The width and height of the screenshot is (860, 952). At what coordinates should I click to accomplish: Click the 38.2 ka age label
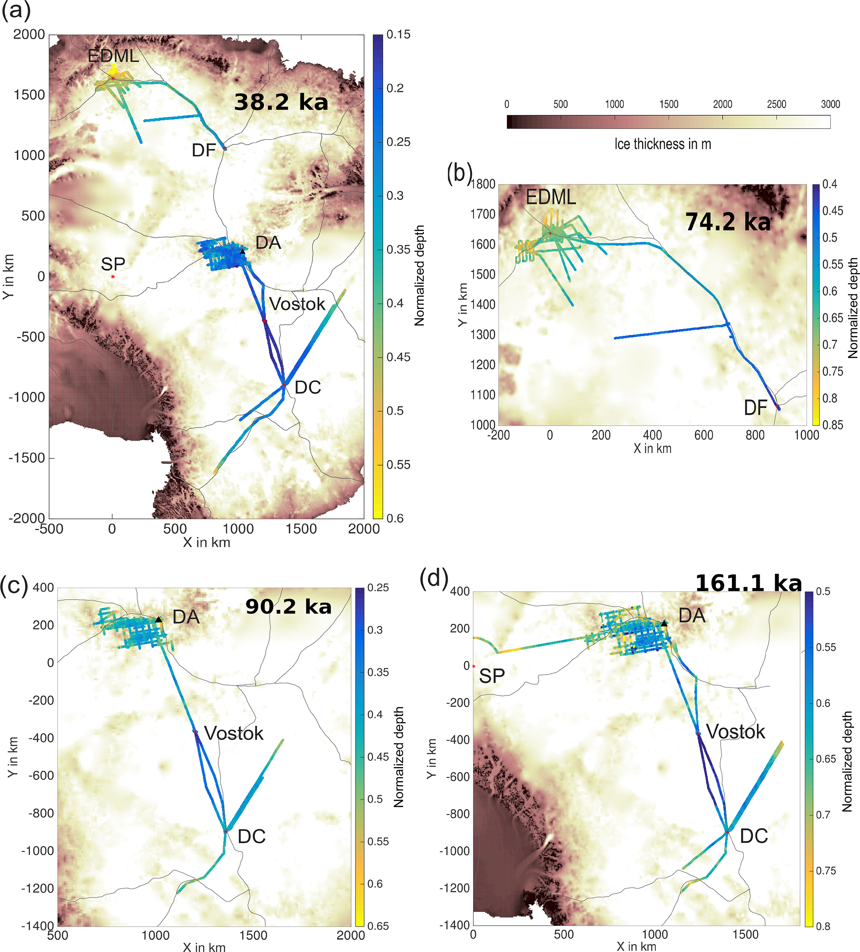(x=281, y=102)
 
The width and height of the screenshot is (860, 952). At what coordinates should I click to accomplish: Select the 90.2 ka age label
(x=288, y=607)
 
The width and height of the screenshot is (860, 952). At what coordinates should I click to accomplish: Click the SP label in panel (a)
(x=113, y=264)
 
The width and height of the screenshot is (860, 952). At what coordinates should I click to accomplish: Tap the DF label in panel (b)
(x=755, y=408)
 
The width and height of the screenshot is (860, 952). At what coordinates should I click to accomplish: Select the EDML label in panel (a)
(x=113, y=56)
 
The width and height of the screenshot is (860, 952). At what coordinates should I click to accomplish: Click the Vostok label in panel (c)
(x=234, y=733)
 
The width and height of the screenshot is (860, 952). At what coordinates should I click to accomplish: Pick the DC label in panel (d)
(x=754, y=836)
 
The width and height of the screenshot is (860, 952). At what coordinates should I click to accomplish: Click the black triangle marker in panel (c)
(x=159, y=620)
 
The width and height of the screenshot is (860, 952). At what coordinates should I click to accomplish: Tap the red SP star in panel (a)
(x=113, y=277)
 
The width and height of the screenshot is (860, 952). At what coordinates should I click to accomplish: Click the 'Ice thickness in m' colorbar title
(x=662, y=144)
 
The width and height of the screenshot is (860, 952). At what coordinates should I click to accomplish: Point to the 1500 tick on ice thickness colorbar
(x=669, y=105)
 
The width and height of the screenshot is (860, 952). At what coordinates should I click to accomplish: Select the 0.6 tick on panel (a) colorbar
(x=395, y=518)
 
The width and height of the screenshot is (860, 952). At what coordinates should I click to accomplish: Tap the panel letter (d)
(x=434, y=580)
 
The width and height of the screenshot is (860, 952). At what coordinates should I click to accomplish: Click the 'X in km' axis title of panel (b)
(x=652, y=449)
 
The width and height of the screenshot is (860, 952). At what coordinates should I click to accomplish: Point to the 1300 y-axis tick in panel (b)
(x=483, y=335)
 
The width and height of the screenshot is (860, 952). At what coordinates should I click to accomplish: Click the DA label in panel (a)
(x=268, y=243)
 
